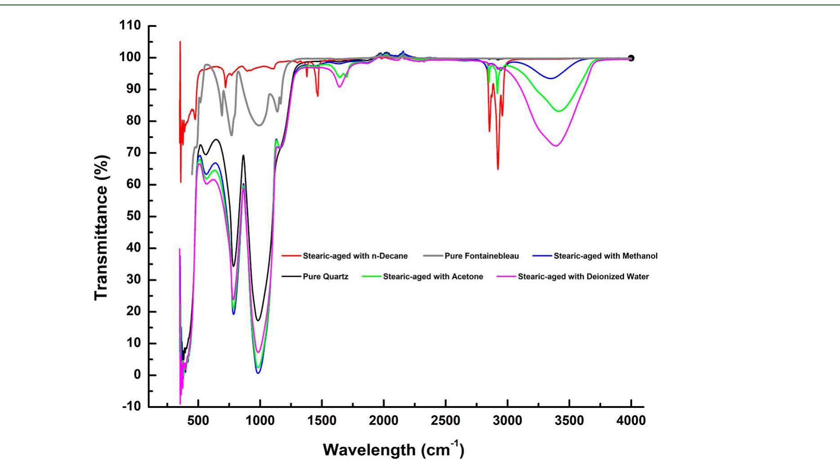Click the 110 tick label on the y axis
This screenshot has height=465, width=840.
click(x=130, y=26)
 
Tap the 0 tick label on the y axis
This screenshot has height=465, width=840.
click(x=137, y=375)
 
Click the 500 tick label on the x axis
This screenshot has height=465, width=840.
click(x=198, y=421)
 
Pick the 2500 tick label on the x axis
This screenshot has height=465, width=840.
click(x=445, y=421)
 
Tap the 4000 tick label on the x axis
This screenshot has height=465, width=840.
click(x=631, y=421)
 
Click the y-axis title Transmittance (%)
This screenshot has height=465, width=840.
click(x=101, y=227)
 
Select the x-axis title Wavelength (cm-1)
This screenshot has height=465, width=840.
click(x=393, y=449)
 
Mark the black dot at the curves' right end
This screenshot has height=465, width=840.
click(x=631, y=58)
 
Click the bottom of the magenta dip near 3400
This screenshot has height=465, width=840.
click(x=556, y=146)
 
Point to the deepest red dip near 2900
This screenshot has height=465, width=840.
click(x=498, y=169)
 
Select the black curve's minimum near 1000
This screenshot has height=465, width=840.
click(x=258, y=320)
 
